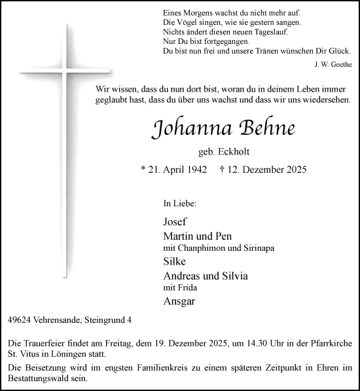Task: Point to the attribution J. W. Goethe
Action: click(333, 64)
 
